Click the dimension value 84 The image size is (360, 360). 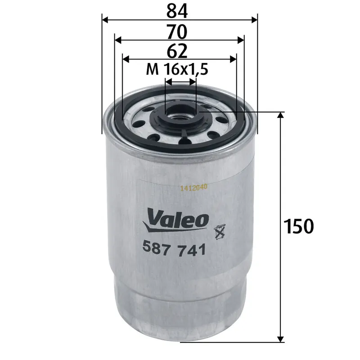[180, 10]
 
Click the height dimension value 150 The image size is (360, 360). [298, 226]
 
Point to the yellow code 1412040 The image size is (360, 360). [193, 189]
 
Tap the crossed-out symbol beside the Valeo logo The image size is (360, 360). [220, 231]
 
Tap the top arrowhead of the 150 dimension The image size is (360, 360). [281, 115]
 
